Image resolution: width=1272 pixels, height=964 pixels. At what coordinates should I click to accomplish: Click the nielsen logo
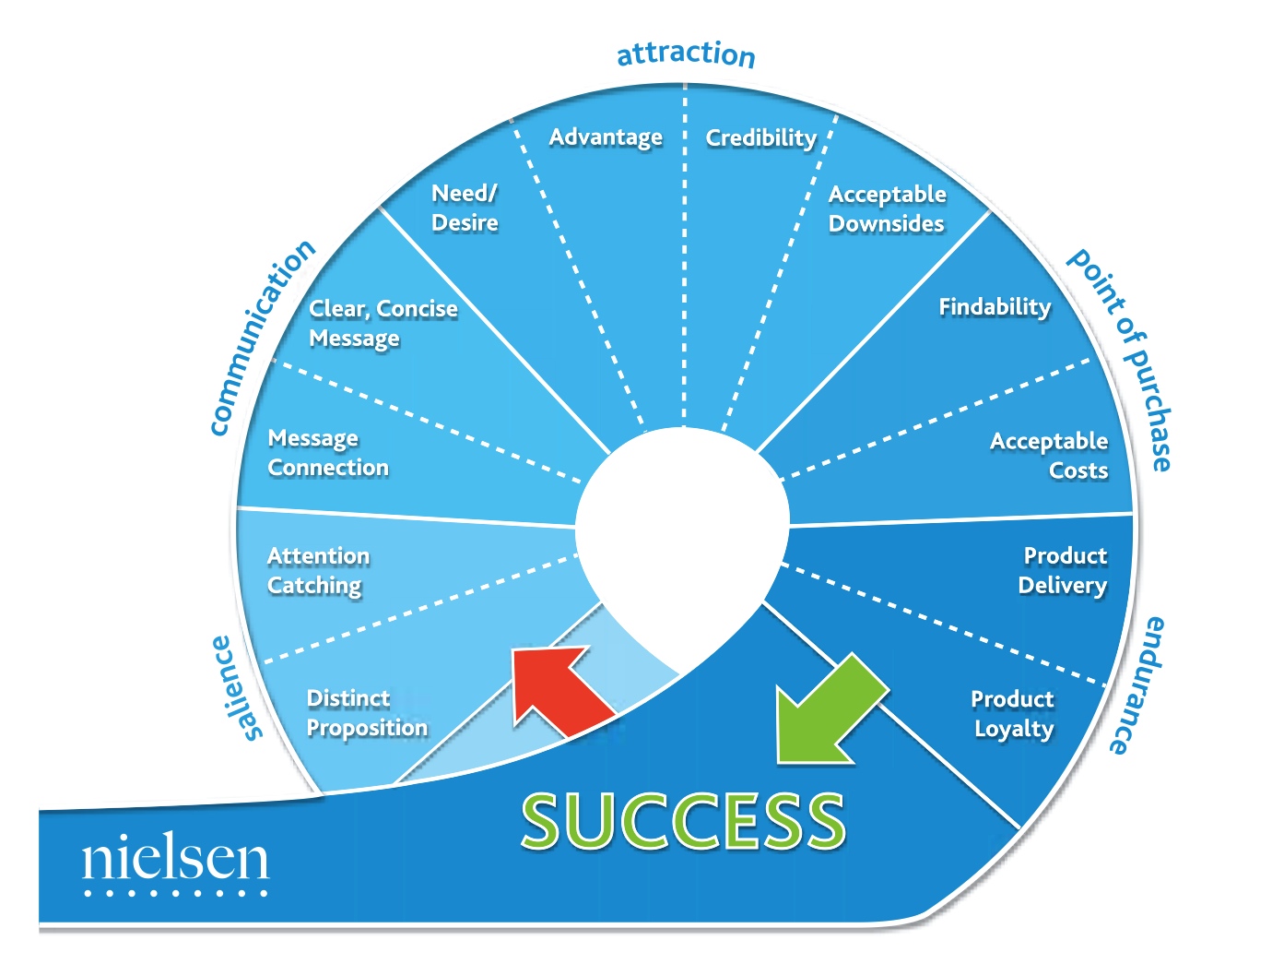175,862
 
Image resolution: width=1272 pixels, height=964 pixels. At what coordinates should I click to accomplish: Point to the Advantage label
605,137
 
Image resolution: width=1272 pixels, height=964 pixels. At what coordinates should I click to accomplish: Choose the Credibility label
760,138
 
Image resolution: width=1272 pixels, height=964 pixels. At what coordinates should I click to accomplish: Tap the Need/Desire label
465,208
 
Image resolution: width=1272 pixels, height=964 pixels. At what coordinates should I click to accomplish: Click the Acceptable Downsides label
887,208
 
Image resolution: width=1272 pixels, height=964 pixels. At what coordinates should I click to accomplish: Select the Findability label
995,307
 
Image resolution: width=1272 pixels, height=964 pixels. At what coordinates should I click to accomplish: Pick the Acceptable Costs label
1049,456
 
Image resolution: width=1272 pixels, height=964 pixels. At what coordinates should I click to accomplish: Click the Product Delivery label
1063,570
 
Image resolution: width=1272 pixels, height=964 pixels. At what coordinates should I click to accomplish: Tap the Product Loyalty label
1013,713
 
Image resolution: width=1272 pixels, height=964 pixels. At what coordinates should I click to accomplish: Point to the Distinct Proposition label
367,713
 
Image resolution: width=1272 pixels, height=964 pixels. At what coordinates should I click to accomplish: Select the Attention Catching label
318,571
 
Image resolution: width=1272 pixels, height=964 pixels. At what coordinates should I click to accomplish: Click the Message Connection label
328,453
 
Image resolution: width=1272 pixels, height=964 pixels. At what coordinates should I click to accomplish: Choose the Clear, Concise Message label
383,324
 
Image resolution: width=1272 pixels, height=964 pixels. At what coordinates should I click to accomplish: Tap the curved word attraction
686,54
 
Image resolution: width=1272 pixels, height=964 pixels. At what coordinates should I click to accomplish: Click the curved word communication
261,337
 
